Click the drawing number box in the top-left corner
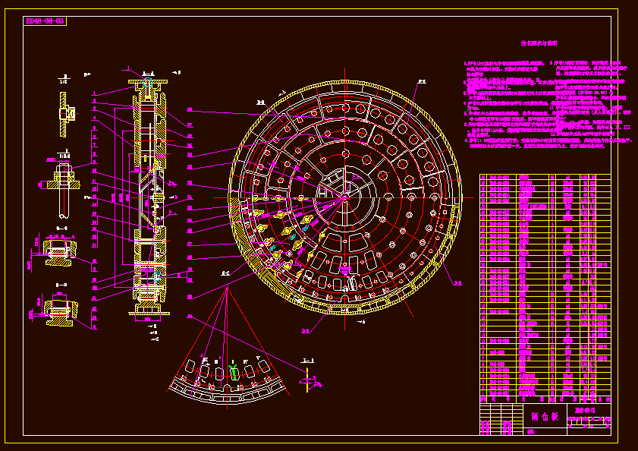pyautogui.click(x=46, y=21)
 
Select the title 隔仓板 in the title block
pyautogui.click(x=545, y=416)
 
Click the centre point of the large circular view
pyautogui.click(x=345, y=198)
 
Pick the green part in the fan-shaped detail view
pyautogui.click(x=234, y=372)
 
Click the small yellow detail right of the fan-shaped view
pyautogui.click(x=306, y=382)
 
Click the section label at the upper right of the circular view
pyautogui.click(x=422, y=79)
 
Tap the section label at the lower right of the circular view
pyautogui.click(x=457, y=283)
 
